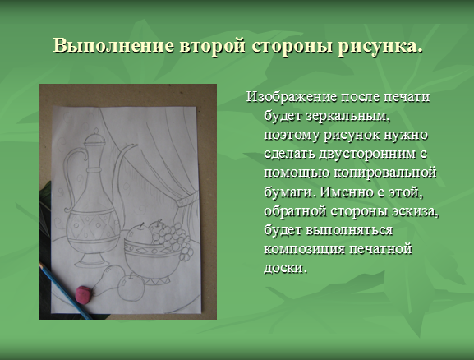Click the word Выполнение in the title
[x=113, y=46]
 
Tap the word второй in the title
[x=213, y=46]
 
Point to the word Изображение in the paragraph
[x=292, y=98]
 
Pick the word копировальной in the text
[x=385, y=173]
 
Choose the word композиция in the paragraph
[x=305, y=250]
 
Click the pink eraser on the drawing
[x=84, y=293]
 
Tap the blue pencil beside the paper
[x=65, y=291]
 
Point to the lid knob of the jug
[x=96, y=132]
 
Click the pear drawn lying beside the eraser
[x=108, y=279]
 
